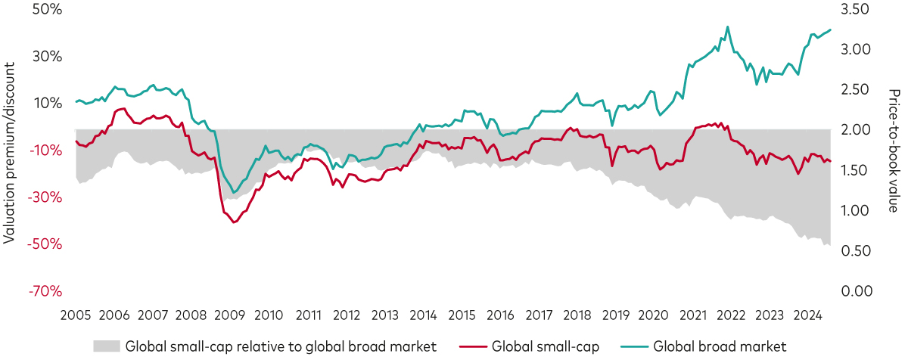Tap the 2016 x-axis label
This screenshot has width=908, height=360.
pyautogui.click(x=500, y=315)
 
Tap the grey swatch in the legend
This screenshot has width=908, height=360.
pyautogui.click(x=107, y=346)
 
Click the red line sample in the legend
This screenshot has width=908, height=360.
pyautogui.click(x=472, y=346)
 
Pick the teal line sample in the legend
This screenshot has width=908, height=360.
pyautogui.click(x=633, y=346)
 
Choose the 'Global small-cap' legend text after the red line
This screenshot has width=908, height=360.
pyautogui.click(x=545, y=346)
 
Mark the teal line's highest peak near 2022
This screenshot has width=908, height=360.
pyautogui.click(x=728, y=27)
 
